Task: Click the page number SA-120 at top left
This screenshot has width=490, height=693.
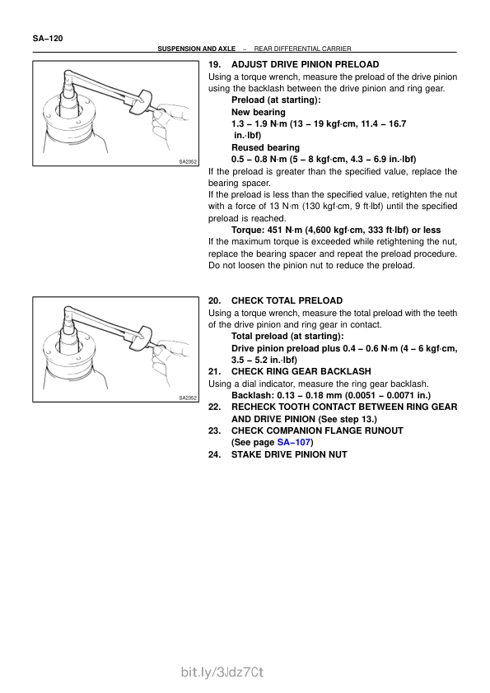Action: tap(48, 39)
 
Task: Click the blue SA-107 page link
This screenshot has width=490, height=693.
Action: tap(294, 443)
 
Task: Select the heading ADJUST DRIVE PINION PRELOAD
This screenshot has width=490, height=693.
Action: tap(306, 64)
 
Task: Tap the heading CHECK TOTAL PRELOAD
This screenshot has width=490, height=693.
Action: tap(287, 300)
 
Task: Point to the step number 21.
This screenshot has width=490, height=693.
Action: tap(214, 372)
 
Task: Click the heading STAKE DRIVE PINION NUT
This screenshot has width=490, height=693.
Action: tap(289, 454)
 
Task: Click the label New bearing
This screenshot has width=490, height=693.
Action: tap(259, 112)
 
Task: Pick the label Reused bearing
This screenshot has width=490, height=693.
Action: tap(265, 147)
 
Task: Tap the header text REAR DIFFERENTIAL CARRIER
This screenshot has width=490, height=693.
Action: tap(302, 49)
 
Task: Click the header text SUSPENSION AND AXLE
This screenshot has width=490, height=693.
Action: tap(196, 49)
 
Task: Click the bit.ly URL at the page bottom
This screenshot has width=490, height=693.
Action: tap(222, 672)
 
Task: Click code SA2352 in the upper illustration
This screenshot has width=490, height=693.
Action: tap(188, 162)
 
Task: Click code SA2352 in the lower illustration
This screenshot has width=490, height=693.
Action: tap(188, 398)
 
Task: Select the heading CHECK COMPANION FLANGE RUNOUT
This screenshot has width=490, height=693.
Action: tap(317, 431)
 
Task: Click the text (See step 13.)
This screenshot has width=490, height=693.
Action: tap(348, 419)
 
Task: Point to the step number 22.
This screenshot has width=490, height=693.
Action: tap(214, 407)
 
